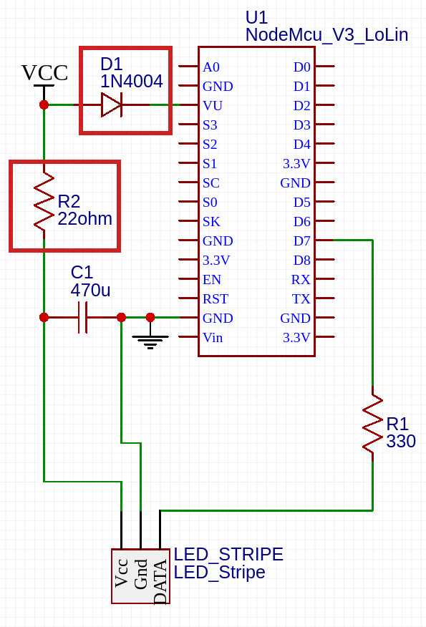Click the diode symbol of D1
tap(111, 104)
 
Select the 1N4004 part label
tap(131, 82)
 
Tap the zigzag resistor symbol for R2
tap(44, 202)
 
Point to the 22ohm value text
tap(84, 219)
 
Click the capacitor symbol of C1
tap(83, 318)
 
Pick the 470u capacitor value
tap(90, 290)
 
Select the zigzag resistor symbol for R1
tap(373, 424)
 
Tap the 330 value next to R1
tap(401, 441)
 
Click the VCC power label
tap(44, 73)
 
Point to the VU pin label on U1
tap(213, 105)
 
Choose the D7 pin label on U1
tap(301, 241)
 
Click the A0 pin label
tap(210, 67)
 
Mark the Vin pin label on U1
tap(213, 338)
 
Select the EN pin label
tap(212, 280)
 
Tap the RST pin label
tap(216, 299)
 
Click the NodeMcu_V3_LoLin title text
tap(326, 35)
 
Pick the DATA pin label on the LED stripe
tap(160, 582)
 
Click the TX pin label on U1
tap(301, 299)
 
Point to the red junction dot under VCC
tap(44, 104)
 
